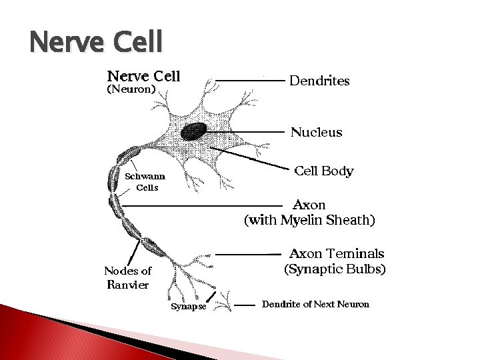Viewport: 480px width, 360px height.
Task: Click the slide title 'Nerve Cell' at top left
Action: (x=96, y=42)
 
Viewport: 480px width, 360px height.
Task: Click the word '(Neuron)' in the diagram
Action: (x=131, y=89)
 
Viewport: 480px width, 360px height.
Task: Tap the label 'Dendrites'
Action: (x=319, y=81)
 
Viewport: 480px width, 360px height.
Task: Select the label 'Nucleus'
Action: (x=316, y=132)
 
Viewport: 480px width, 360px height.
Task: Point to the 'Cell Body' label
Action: (x=323, y=171)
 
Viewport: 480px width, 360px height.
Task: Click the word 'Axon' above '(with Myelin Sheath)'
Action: (x=309, y=205)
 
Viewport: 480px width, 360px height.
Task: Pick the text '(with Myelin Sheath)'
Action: (x=310, y=220)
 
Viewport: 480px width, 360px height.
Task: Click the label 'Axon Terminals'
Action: (x=336, y=254)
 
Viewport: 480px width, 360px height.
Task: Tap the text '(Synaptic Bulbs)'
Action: (x=335, y=269)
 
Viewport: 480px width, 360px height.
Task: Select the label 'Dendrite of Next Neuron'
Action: (x=316, y=304)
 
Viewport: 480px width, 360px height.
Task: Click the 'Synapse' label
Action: (x=189, y=307)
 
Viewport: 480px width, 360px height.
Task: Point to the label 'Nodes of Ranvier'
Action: (x=127, y=277)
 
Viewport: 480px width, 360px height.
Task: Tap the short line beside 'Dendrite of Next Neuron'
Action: (x=247, y=305)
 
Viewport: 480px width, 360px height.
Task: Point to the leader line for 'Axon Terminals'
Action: (x=248, y=255)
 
